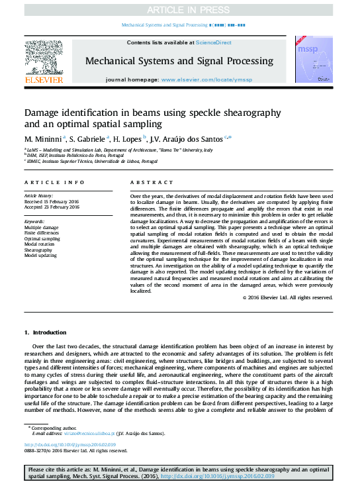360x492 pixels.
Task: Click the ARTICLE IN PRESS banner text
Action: [x=179, y=9]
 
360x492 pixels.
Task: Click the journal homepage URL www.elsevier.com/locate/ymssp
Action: [x=207, y=79]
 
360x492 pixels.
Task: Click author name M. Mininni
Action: [x=43, y=139]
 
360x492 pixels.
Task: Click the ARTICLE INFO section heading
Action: [x=54, y=181]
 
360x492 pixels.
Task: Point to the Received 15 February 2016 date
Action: [x=52, y=201]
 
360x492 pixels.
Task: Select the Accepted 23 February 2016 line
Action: [x=52, y=207]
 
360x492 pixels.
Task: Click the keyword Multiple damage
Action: [x=41, y=228]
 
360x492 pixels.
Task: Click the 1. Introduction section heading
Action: [x=45, y=332]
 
